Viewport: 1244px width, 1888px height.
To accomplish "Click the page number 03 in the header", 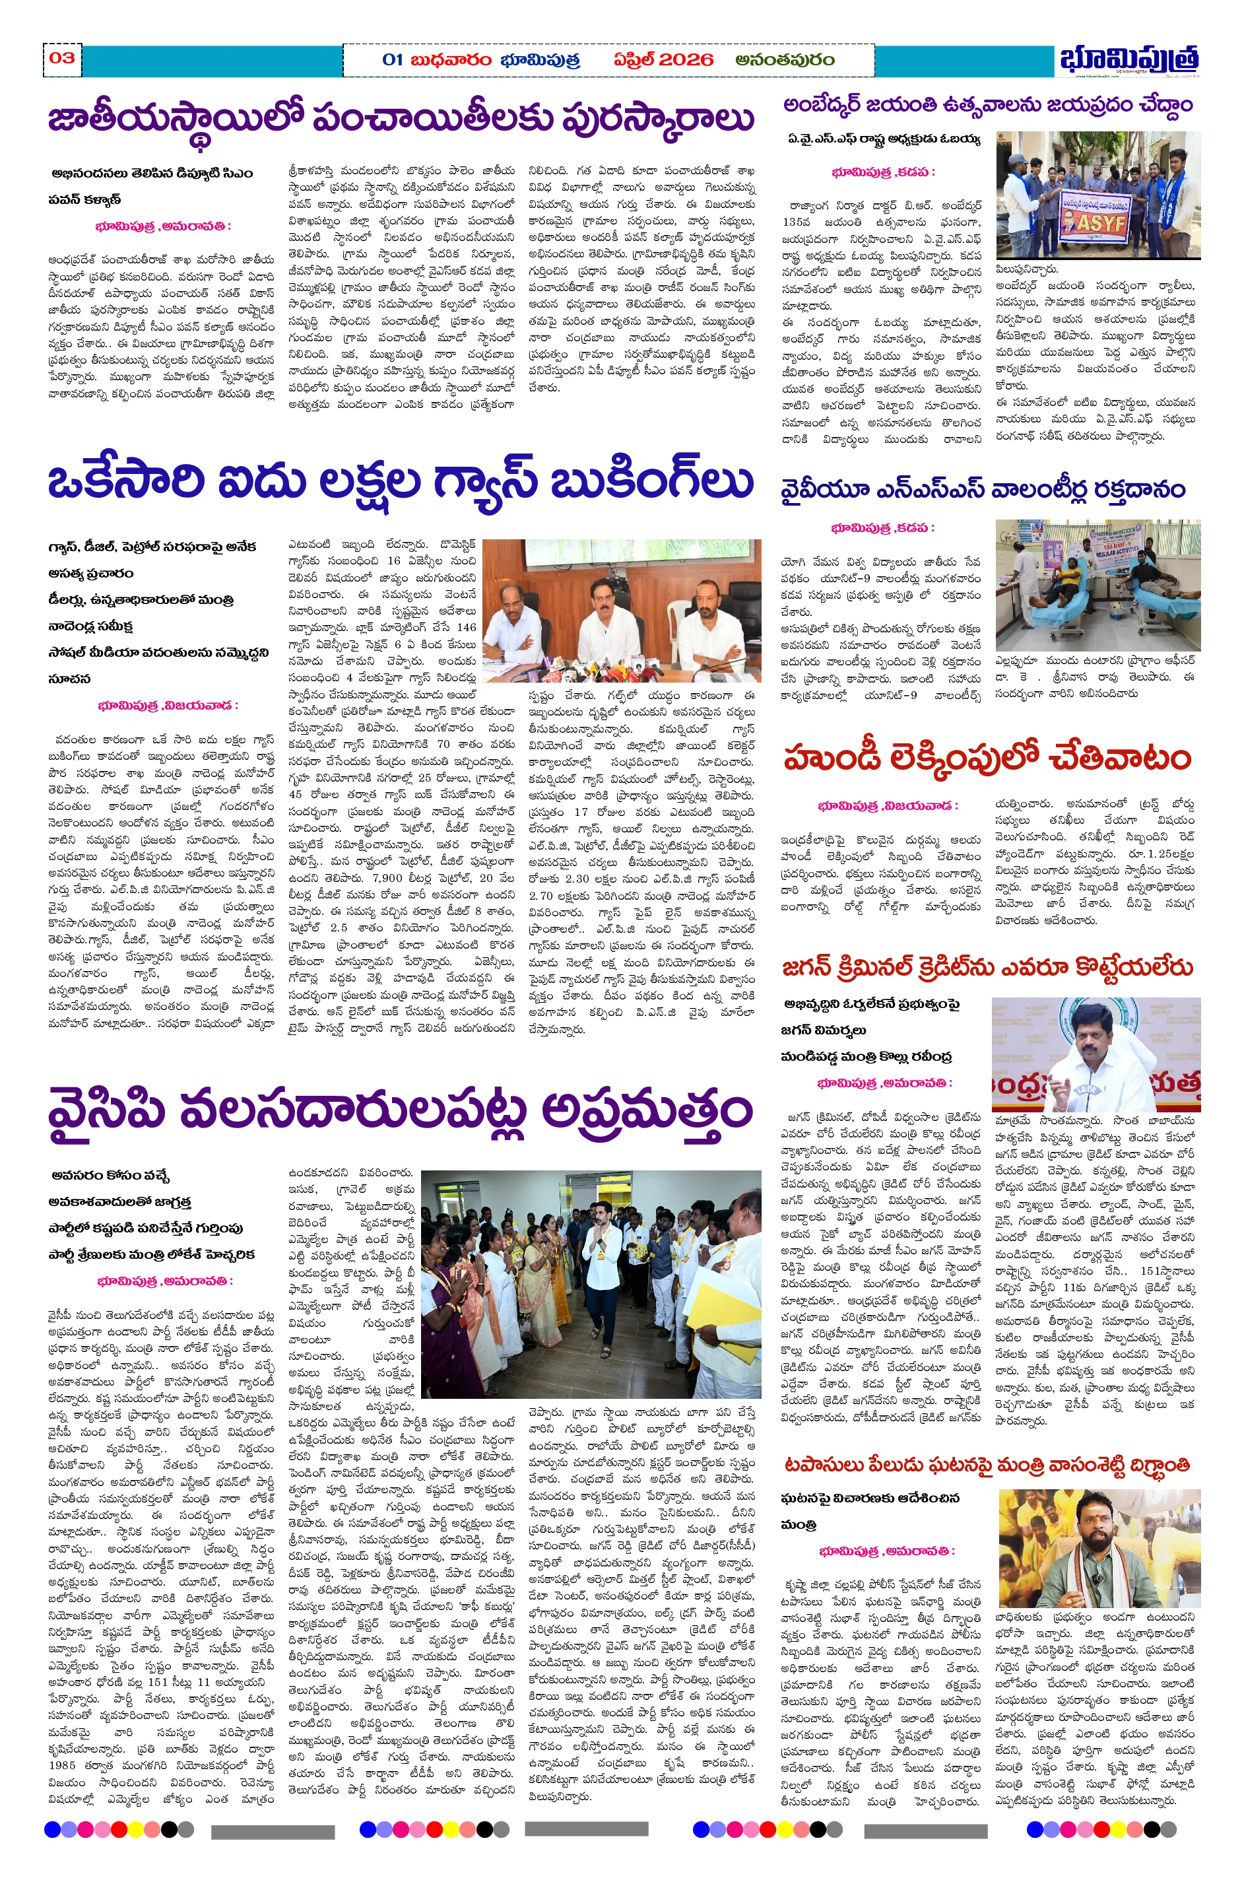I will coord(62,58).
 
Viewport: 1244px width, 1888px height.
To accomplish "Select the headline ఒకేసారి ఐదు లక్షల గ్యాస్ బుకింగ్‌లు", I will coord(401,482).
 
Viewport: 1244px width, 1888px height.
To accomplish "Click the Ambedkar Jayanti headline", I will coord(988,106).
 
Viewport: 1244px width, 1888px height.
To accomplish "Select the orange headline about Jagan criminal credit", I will coord(988,966).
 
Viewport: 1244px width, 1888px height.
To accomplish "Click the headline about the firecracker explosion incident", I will coord(988,1464).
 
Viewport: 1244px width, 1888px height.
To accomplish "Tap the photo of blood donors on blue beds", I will coord(1098,586).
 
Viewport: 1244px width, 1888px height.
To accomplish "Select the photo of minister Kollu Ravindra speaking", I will coord(1096,1054).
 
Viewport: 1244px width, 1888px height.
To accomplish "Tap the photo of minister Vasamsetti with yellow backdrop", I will coord(1099,1548).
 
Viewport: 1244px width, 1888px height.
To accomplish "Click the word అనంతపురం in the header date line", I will coord(785,59).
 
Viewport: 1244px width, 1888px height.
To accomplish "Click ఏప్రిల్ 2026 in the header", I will coord(663,59).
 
